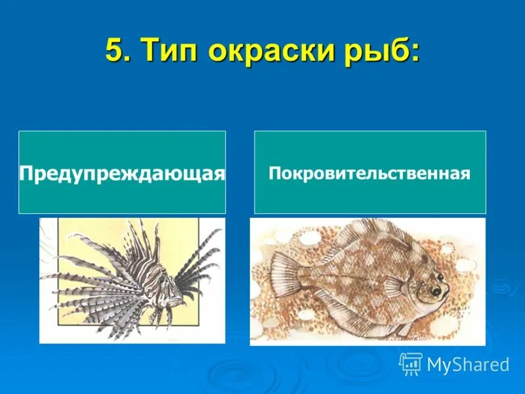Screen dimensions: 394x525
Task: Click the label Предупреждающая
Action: [122, 173]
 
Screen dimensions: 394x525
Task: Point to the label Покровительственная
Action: [369, 173]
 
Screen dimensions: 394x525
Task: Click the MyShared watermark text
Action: [467, 364]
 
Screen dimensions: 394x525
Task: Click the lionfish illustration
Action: [131, 280]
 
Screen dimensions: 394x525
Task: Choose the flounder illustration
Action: [367, 281]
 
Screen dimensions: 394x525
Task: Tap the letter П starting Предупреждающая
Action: [27, 173]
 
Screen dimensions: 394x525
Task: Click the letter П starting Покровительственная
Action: [274, 173]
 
